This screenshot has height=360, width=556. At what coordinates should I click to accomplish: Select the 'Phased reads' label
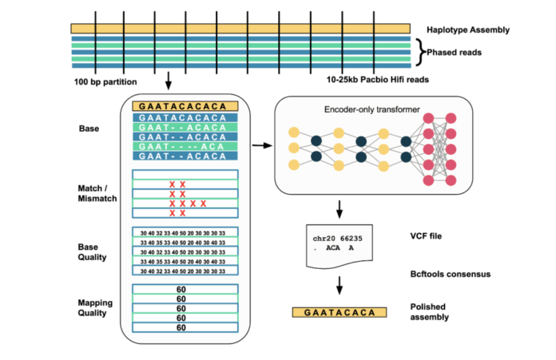click(x=452, y=53)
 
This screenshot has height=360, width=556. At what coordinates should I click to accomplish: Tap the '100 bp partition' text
click(x=107, y=81)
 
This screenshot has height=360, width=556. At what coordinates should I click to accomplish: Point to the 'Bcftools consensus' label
click(x=451, y=274)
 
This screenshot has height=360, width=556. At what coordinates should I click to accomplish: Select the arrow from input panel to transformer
click(x=260, y=146)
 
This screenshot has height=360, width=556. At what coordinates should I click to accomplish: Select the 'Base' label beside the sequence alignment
click(x=89, y=128)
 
